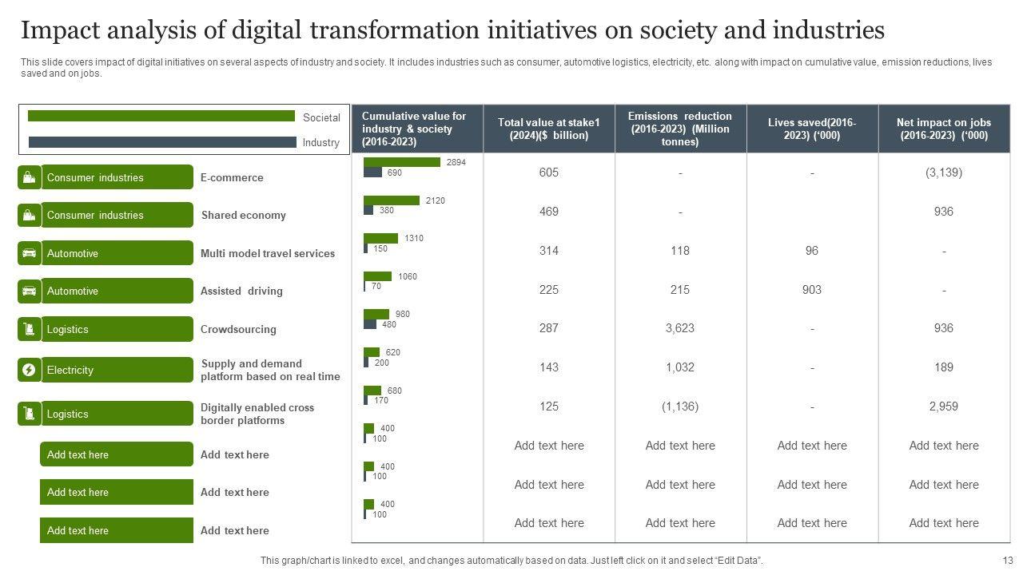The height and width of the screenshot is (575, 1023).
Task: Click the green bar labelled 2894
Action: (x=402, y=162)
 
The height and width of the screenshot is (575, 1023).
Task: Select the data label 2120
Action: (x=436, y=200)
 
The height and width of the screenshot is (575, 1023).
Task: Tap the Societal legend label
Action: (x=321, y=117)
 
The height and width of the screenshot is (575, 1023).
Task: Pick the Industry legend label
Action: (x=321, y=143)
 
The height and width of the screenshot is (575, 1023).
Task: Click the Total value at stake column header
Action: (x=549, y=129)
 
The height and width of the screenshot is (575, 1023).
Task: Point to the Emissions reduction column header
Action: (x=680, y=129)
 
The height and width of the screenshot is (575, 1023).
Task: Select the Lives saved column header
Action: (x=812, y=129)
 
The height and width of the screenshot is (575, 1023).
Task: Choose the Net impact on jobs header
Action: (x=944, y=129)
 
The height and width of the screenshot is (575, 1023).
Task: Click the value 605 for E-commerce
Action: (x=549, y=172)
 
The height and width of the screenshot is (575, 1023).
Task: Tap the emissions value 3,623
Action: (x=680, y=328)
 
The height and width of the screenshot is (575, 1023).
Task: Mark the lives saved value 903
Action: (x=812, y=290)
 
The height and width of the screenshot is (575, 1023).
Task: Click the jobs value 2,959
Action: (x=944, y=406)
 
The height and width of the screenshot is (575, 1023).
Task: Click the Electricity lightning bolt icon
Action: (x=29, y=370)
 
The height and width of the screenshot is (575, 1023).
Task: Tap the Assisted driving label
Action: (x=241, y=291)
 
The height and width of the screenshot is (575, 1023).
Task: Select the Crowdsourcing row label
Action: (x=238, y=329)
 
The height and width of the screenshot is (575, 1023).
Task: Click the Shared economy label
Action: (x=243, y=216)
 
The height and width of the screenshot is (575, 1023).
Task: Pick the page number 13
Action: (x=1008, y=561)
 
